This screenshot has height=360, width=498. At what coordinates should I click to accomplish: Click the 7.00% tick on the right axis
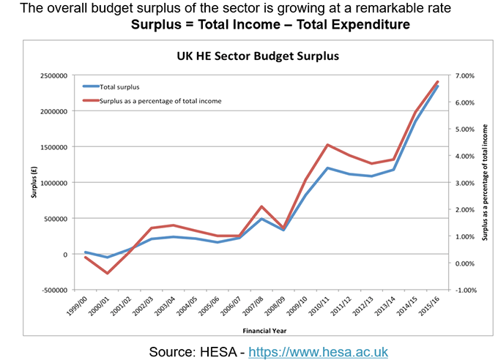466,75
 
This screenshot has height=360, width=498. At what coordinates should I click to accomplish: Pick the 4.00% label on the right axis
466,156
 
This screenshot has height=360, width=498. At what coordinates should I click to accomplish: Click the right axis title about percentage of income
484,183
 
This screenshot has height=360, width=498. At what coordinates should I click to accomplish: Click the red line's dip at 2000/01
108,274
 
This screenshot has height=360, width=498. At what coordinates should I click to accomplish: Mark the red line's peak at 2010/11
328,145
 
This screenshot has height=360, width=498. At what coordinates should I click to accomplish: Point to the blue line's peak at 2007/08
262,219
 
